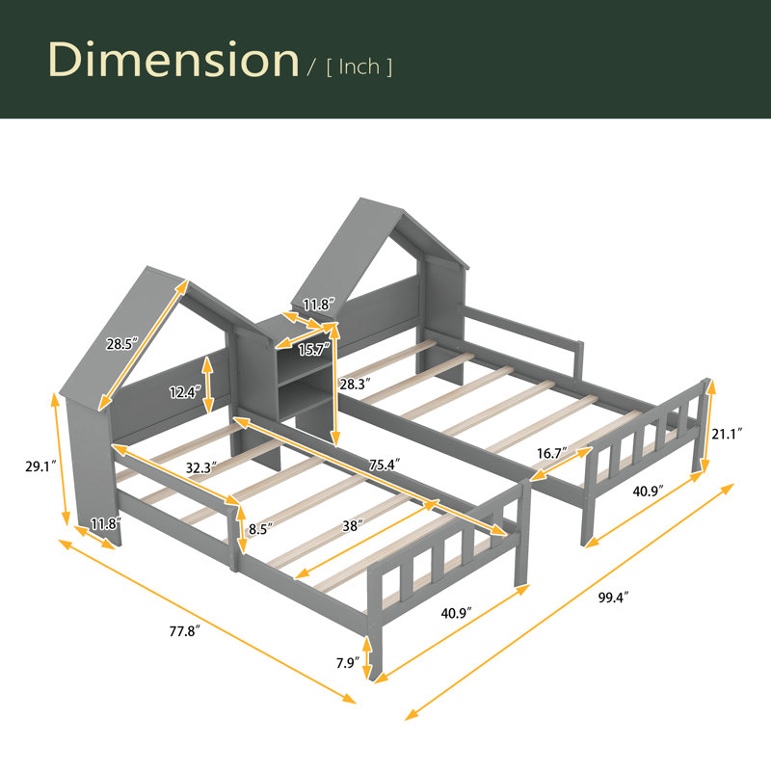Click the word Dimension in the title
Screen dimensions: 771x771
click(x=173, y=60)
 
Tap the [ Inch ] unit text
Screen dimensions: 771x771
click(x=359, y=66)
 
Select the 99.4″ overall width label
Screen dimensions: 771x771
click(x=614, y=598)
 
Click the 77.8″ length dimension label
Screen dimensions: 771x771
click(x=185, y=631)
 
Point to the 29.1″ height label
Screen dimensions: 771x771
click(x=41, y=466)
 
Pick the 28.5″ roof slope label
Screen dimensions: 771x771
click(x=122, y=344)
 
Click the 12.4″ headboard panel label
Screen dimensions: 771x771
click(x=185, y=392)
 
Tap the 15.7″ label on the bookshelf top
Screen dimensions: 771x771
click(x=314, y=350)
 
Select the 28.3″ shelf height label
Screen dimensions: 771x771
click(x=355, y=384)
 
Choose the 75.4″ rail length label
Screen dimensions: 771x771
click(x=385, y=465)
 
